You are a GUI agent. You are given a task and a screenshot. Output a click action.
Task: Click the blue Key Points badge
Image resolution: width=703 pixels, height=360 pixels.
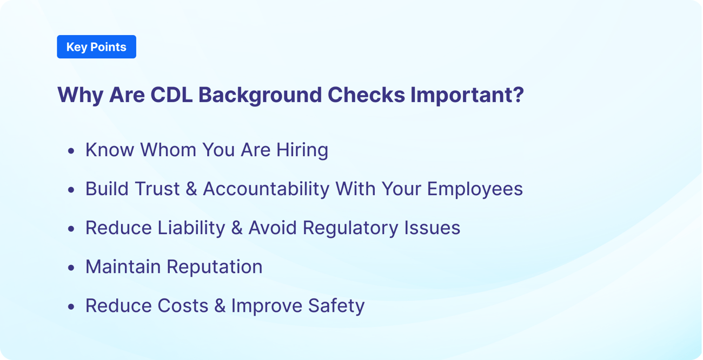[x=96, y=47]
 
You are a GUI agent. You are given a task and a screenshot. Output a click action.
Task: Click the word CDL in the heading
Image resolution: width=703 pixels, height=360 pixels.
[x=171, y=95]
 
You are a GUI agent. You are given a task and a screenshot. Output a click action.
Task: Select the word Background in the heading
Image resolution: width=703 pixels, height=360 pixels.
[x=260, y=95]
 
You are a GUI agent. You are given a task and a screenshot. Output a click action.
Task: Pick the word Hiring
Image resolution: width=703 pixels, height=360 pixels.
[x=302, y=150]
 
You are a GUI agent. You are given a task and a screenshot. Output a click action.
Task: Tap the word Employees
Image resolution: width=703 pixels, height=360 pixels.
[x=475, y=189]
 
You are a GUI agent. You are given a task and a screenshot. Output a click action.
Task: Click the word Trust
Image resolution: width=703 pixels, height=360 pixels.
[x=156, y=189]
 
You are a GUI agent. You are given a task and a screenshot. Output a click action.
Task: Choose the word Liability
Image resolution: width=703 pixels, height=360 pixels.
[x=191, y=228]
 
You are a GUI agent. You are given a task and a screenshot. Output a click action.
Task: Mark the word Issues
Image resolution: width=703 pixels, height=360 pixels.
[x=432, y=228]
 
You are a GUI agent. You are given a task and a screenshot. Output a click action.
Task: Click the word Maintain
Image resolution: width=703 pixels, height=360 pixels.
[x=123, y=266]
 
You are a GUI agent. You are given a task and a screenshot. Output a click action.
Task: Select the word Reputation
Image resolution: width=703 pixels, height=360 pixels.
[x=214, y=266]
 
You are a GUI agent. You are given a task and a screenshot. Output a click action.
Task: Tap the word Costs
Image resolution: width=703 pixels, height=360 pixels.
[x=183, y=305]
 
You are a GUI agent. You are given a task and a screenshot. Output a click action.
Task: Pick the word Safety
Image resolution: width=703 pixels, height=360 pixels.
[x=336, y=305]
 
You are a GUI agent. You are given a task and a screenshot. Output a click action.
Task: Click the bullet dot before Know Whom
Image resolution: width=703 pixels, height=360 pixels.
[x=71, y=151]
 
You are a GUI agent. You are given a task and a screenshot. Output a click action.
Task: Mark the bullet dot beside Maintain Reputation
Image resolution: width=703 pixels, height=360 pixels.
[x=71, y=268]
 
